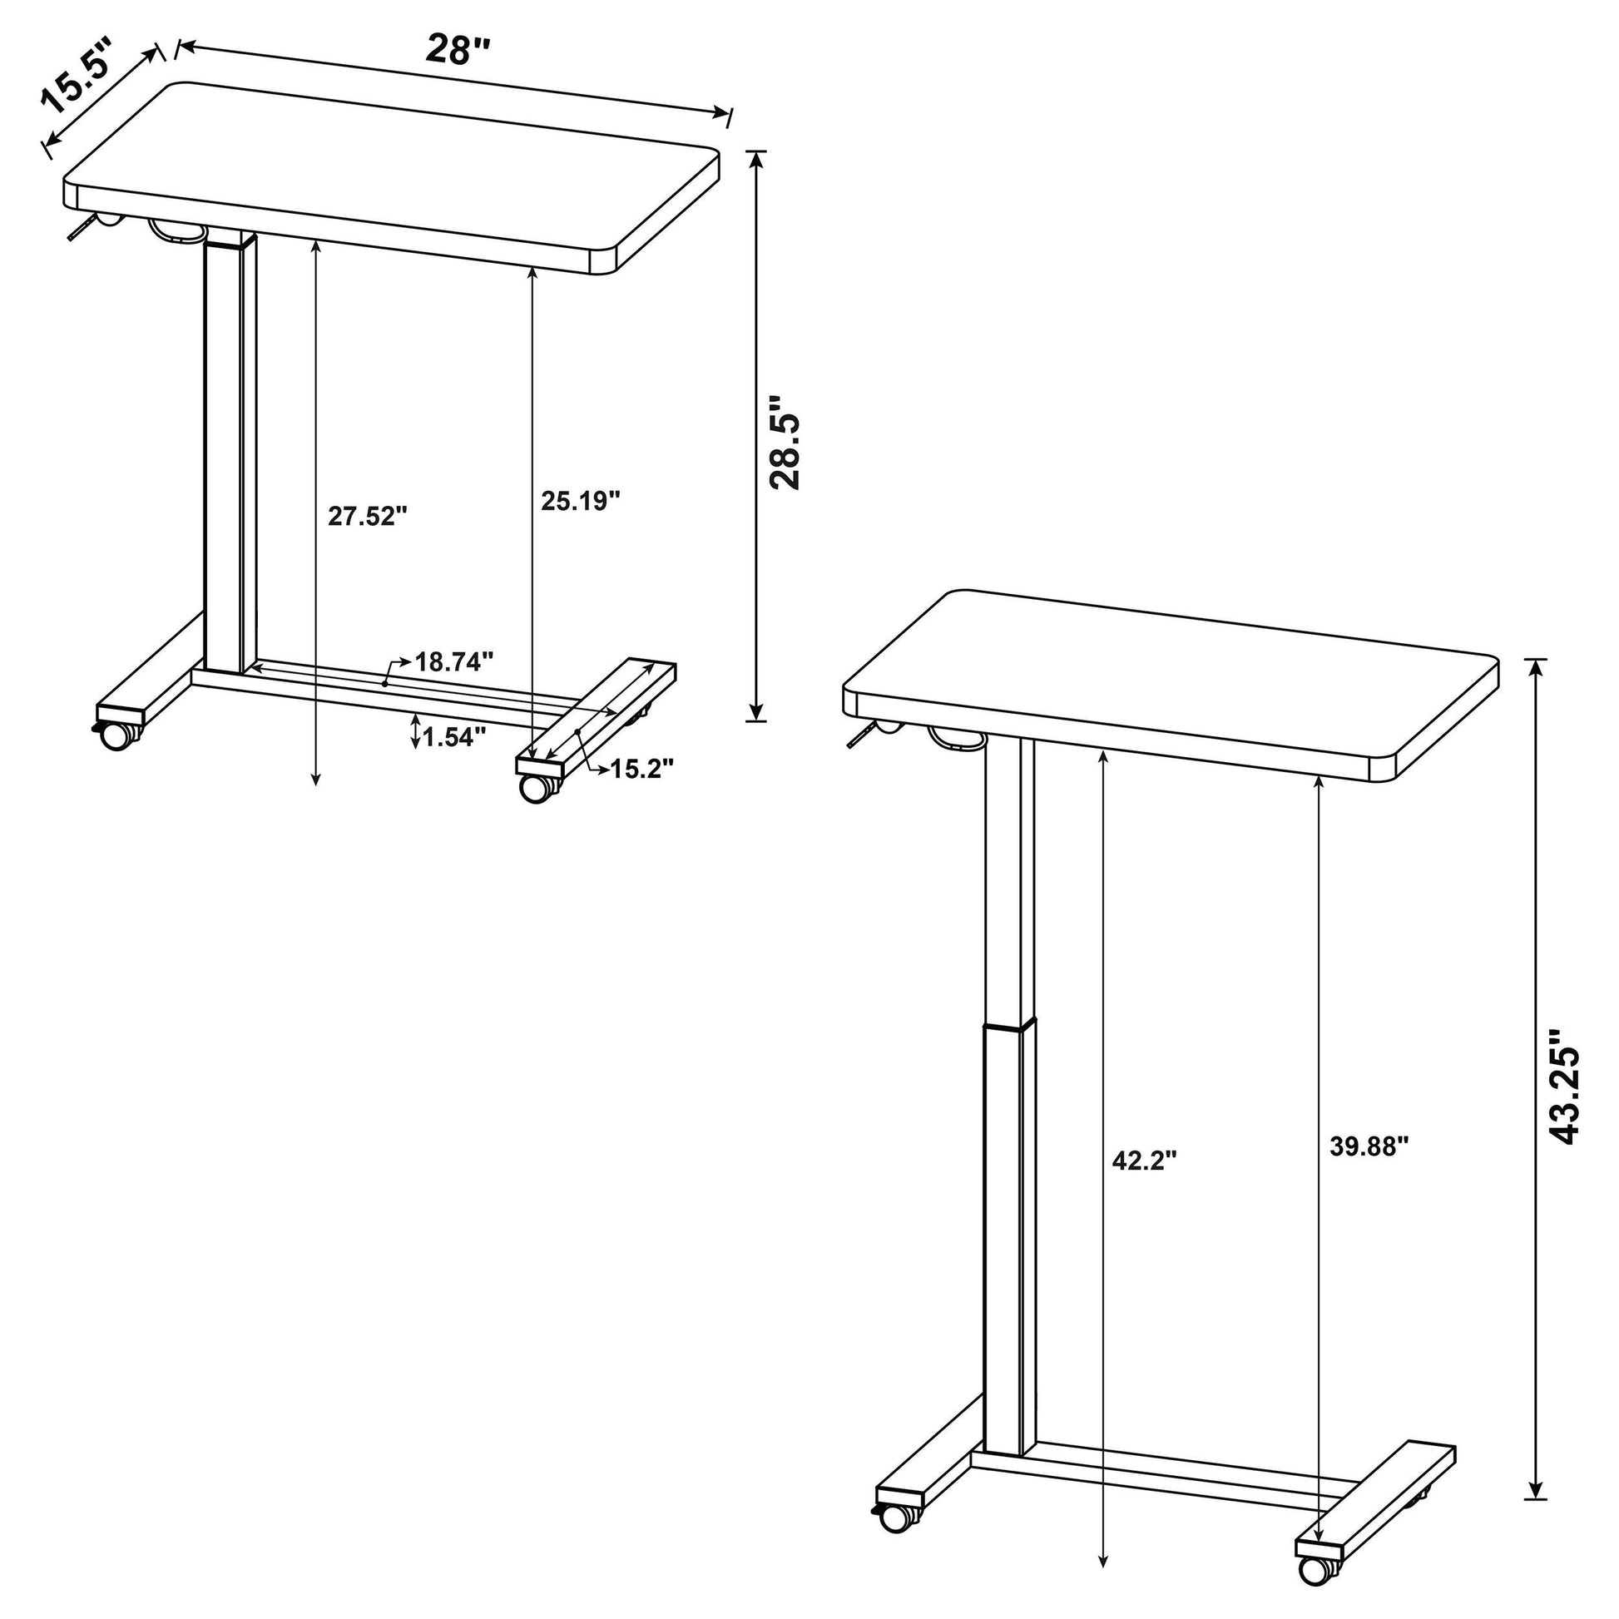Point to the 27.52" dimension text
tap(367, 516)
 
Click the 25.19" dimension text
tap(580, 501)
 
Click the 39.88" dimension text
tap(1370, 1146)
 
